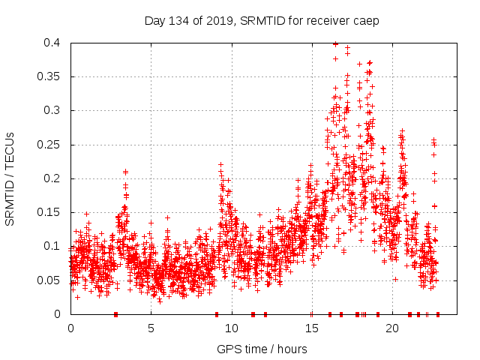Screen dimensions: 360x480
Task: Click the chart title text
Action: (262, 20)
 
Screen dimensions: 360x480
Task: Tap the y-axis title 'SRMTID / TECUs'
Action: (10, 178)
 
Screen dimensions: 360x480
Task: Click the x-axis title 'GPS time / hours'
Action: (262, 349)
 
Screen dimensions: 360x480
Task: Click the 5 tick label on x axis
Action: (151, 328)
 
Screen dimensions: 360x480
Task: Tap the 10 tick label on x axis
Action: (231, 328)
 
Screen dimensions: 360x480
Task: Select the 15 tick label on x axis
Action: (311, 328)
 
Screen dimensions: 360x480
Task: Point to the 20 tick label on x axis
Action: (391, 328)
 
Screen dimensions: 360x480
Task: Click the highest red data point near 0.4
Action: (335, 43)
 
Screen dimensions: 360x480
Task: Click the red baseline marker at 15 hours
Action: (311, 313)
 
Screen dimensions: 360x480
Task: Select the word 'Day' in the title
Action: (154, 20)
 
